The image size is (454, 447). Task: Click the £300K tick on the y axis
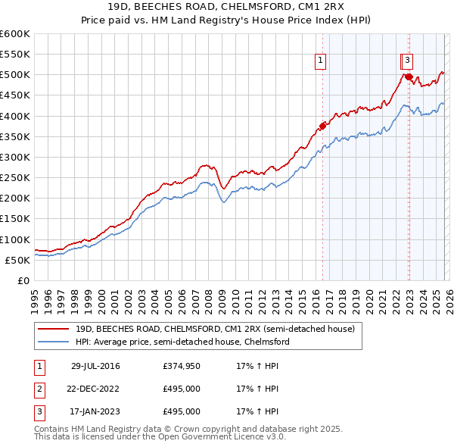click(15, 157)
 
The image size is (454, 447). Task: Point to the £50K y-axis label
click(17, 260)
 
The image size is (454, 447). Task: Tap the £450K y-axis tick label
click(15, 95)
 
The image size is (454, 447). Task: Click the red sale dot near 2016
click(322, 126)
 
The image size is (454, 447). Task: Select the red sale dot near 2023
click(409, 77)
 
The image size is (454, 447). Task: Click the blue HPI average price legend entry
click(182, 342)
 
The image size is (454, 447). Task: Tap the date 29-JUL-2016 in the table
click(95, 366)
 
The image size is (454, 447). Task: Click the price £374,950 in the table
click(182, 366)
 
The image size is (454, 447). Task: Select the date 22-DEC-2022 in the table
click(95, 389)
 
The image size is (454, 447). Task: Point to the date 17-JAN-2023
click(95, 411)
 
